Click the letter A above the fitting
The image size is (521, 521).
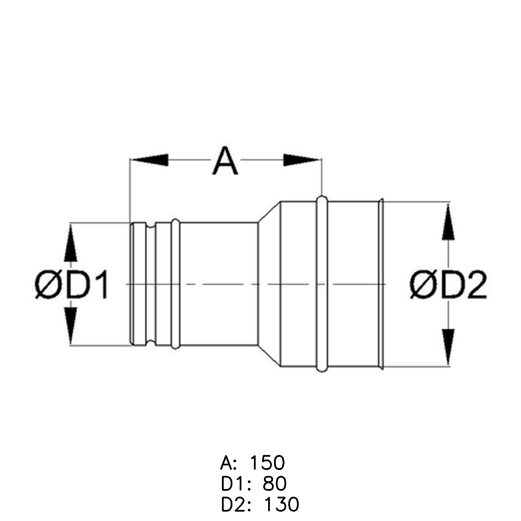[x=225, y=161]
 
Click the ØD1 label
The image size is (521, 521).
[x=72, y=286]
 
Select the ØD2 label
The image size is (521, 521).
[x=448, y=286]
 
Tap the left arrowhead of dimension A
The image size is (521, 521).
[x=149, y=160]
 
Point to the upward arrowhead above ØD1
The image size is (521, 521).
[x=71, y=242]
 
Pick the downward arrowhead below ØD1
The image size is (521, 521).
[x=71, y=326]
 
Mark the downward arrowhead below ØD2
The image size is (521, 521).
[x=448, y=347]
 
